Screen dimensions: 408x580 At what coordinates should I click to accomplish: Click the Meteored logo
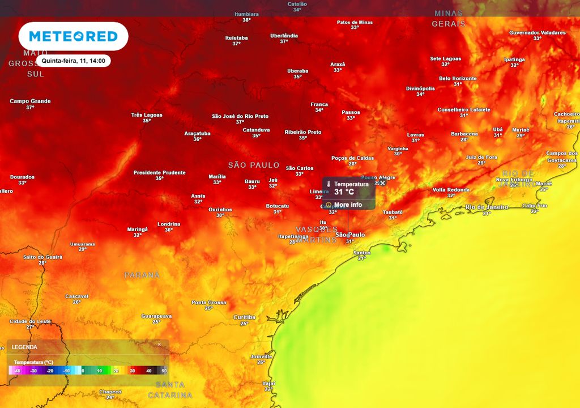[x=73, y=36]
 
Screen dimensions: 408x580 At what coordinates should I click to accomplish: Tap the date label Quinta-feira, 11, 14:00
[x=73, y=60]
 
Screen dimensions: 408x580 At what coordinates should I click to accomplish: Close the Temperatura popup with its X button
[x=382, y=183]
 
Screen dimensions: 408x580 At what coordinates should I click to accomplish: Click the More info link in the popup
[x=347, y=205]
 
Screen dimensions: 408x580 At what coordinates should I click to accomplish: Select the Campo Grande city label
[x=30, y=101]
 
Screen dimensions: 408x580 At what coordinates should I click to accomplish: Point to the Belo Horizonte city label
[x=458, y=79]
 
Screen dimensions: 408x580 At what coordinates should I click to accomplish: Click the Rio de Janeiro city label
[x=487, y=207]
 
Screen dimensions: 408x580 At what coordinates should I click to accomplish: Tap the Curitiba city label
[x=244, y=317]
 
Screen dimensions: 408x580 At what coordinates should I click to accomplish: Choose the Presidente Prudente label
[x=159, y=173]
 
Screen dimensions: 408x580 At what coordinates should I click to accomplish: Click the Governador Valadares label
[x=537, y=33]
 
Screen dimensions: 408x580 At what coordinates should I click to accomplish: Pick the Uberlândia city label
[x=284, y=36]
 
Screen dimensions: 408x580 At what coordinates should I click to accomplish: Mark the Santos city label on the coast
[x=362, y=253]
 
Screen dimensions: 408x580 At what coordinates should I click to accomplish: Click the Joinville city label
[x=261, y=356]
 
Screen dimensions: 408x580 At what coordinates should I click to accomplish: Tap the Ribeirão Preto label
[x=302, y=132]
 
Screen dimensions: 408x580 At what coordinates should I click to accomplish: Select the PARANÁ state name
[x=142, y=275]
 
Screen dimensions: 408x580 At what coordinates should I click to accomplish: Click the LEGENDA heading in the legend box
[x=25, y=347]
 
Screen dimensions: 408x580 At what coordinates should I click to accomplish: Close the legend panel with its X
[x=159, y=345]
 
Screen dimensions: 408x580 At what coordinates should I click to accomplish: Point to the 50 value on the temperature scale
[x=164, y=371]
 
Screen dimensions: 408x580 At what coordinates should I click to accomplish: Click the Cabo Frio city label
[x=534, y=206]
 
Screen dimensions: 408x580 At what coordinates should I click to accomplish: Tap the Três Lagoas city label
[x=147, y=115]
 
